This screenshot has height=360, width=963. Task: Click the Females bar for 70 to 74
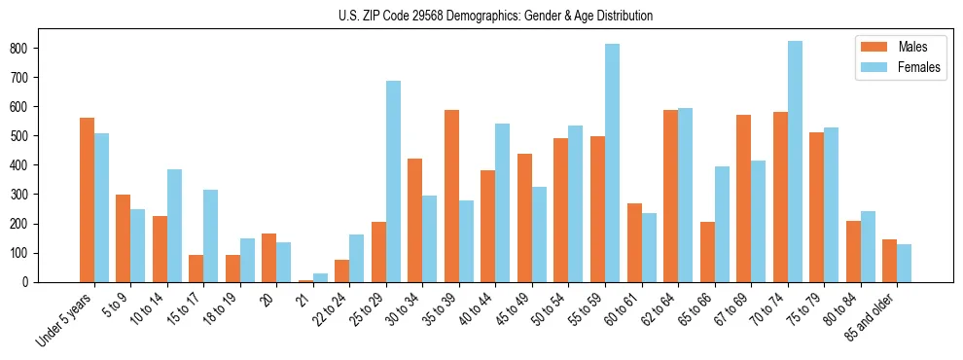tap(795, 162)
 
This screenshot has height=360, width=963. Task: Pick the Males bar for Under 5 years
tap(87, 199)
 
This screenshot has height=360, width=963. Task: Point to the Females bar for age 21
tap(320, 277)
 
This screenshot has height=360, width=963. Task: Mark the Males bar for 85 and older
tap(889, 261)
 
